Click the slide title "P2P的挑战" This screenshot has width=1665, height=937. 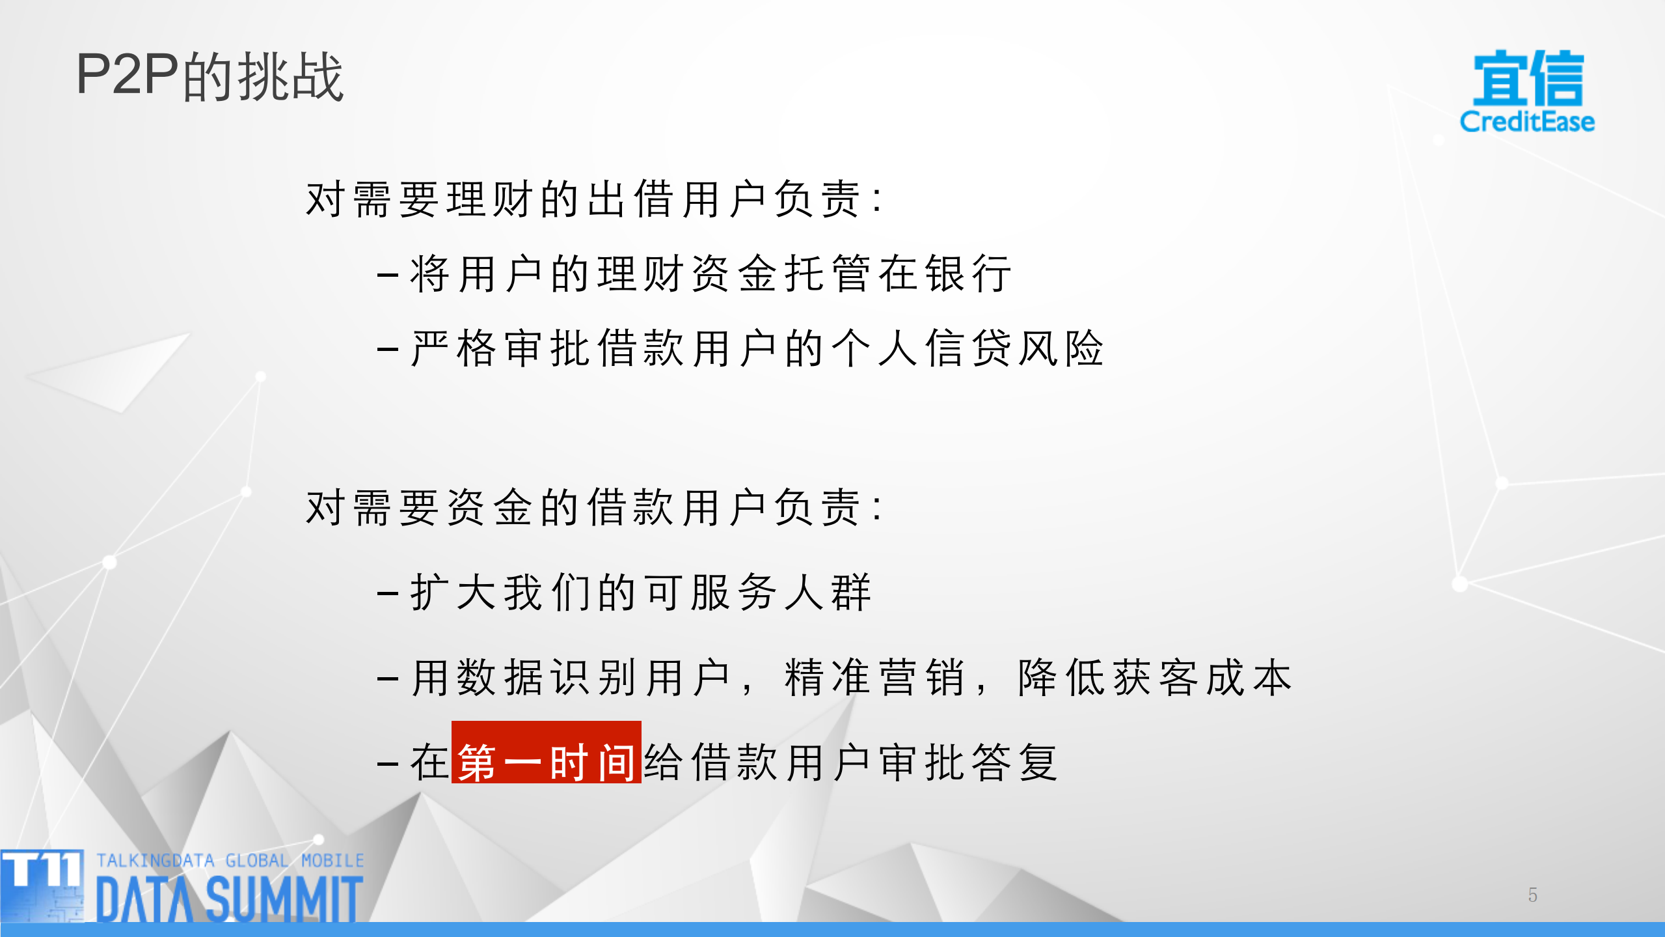click(210, 76)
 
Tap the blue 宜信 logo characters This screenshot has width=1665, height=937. click(1528, 78)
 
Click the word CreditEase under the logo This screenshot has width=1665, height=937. click(1527, 122)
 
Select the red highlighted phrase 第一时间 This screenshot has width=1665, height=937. click(547, 762)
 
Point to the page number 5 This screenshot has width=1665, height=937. click(1532, 895)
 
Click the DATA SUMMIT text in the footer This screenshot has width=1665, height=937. click(229, 898)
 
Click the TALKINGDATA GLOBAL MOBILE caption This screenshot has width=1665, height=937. click(230, 860)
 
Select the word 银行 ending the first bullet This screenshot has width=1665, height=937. click(969, 273)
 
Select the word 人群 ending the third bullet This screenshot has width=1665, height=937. click(828, 593)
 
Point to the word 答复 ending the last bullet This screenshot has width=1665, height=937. click(1015, 762)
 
